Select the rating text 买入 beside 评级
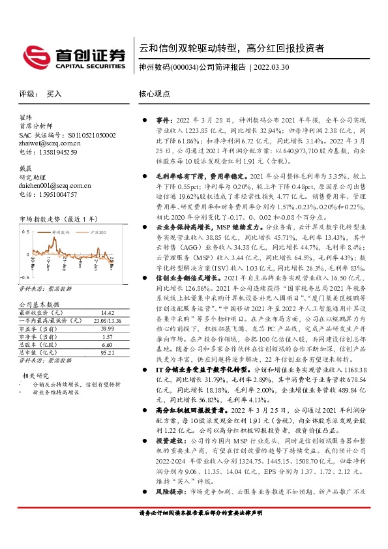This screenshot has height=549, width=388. [53, 94]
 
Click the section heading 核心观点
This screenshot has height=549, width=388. [154, 94]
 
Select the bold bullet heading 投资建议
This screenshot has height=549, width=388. [172, 476]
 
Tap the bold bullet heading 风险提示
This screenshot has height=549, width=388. [172, 527]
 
